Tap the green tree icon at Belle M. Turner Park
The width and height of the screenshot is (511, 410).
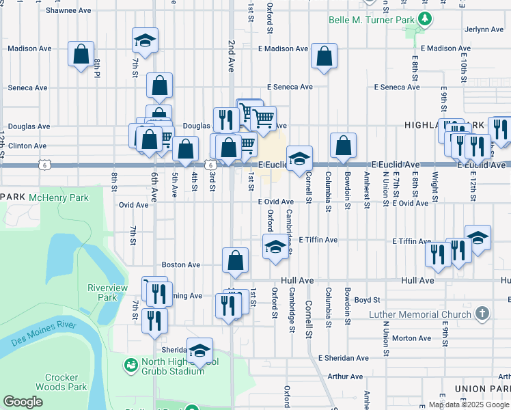click(424, 18)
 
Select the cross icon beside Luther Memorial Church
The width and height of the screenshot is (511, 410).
click(482, 313)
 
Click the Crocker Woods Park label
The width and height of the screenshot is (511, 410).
click(66, 382)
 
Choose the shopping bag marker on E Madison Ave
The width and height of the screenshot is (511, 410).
click(324, 55)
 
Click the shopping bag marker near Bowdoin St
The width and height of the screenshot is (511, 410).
click(343, 145)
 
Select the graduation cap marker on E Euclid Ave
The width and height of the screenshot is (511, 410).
click(299, 159)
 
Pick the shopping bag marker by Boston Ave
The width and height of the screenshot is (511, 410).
click(235, 260)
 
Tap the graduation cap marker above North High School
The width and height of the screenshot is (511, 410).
click(199, 350)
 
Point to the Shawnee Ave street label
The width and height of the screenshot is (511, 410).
click(68, 11)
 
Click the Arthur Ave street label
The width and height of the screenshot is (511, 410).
click(345, 377)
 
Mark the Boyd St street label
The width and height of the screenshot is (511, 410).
click(367, 299)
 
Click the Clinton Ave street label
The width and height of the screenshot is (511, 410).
click(27, 146)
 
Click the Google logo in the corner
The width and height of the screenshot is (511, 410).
click(23, 402)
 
